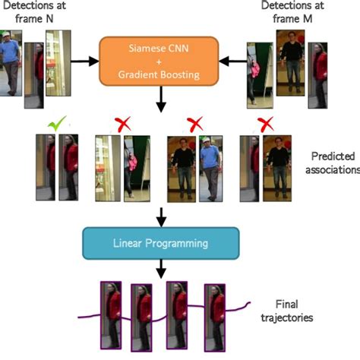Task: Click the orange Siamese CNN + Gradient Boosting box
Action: [160, 59]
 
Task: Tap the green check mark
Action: [55, 122]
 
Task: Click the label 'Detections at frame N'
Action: [39, 13]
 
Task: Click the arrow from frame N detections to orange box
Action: [86, 57]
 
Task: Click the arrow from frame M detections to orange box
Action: [232, 57]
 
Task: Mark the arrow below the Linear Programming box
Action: [160, 268]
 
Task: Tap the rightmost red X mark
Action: [265, 123]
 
